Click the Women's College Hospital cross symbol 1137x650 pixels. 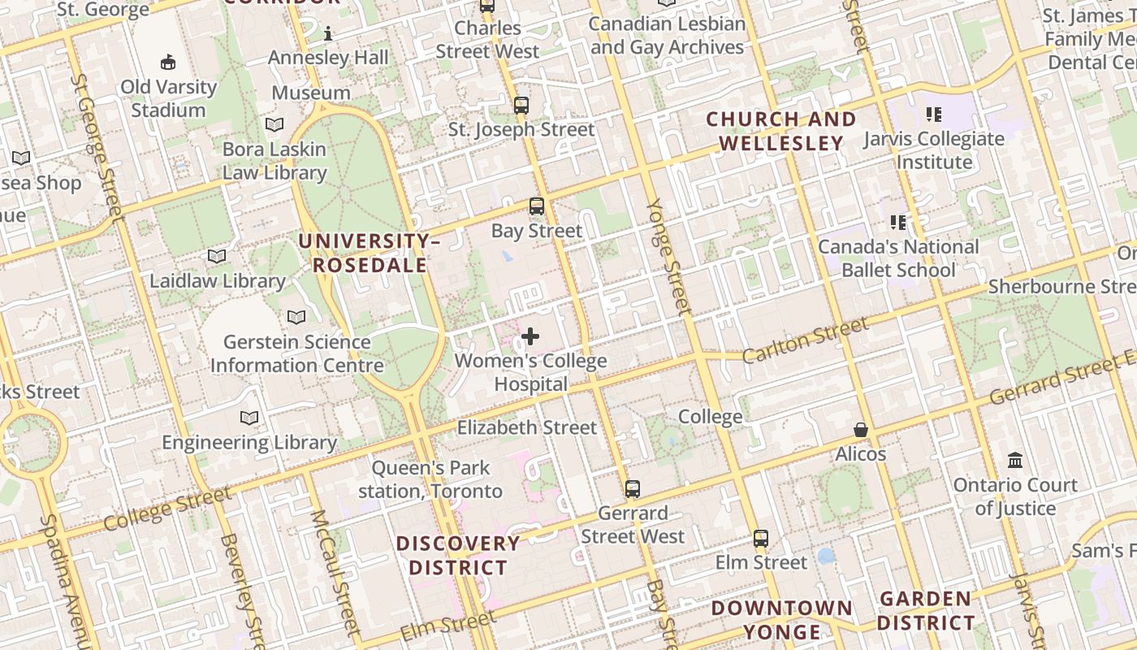(x=530, y=336)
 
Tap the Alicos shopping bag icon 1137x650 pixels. (x=861, y=430)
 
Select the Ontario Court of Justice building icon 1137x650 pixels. (x=1015, y=461)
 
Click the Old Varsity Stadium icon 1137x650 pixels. (x=168, y=62)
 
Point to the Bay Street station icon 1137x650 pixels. (x=537, y=206)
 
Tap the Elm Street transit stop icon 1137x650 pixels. (x=761, y=538)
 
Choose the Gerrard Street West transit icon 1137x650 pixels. (x=633, y=489)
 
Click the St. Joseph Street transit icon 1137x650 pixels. (x=521, y=106)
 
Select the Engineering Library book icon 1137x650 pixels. (x=249, y=418)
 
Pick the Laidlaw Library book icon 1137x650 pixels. (x=217, y=257)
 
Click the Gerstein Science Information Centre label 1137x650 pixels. (x=296, y=353)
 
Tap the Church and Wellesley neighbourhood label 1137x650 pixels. (x=781, y=131)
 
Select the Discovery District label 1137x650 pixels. (x=458, y=555)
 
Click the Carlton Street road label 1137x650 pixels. (x=805, y=340)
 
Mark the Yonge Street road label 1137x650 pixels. (x=667, y=256)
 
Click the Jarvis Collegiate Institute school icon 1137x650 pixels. (x=934, y=115)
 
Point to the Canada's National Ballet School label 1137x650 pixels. (x=898, y=258)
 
